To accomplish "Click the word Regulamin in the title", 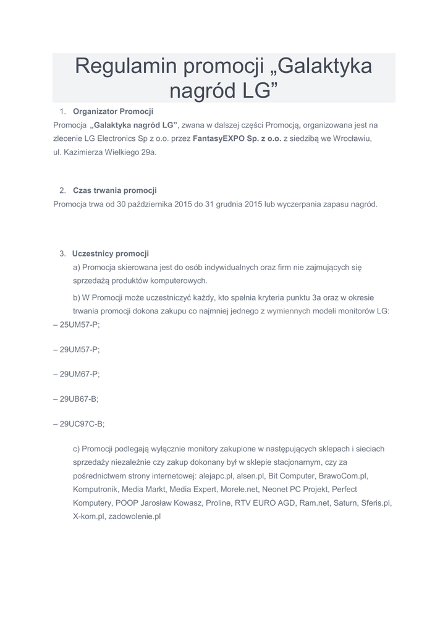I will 125,66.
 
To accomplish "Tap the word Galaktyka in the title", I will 324,66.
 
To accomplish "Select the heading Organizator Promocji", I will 112,112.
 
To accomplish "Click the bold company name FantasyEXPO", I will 218,140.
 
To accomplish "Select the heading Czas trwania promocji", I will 114,190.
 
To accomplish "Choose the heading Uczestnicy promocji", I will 111,253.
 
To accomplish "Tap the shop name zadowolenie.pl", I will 134,516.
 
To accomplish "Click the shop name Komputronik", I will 95,489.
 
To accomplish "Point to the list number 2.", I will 62,190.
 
